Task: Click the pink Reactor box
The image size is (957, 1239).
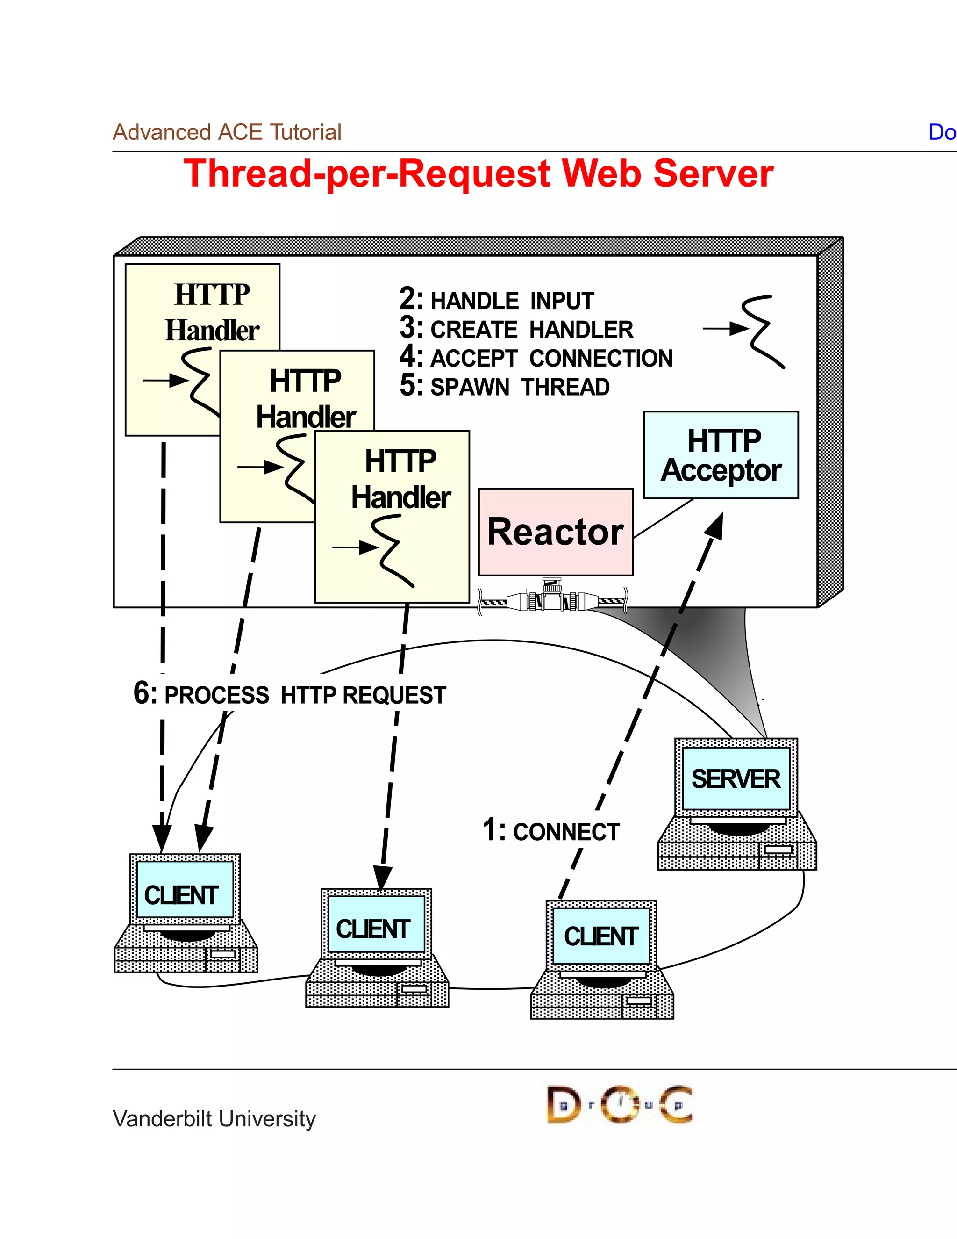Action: pos(556,532)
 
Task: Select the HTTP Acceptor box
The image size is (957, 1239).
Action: pos(721,455)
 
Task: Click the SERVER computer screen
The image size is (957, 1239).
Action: pos(736,778)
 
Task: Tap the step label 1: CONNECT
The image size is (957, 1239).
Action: pos(551,831)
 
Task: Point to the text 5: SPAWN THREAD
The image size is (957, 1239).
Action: pos(505,386)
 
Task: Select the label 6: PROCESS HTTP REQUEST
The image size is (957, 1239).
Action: pos(289,694)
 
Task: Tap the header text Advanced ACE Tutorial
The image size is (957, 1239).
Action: pos(227,132)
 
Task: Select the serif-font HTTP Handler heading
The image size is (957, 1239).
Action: pos(212,312)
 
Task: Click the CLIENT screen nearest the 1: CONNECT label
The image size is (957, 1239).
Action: pos(601,936)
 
